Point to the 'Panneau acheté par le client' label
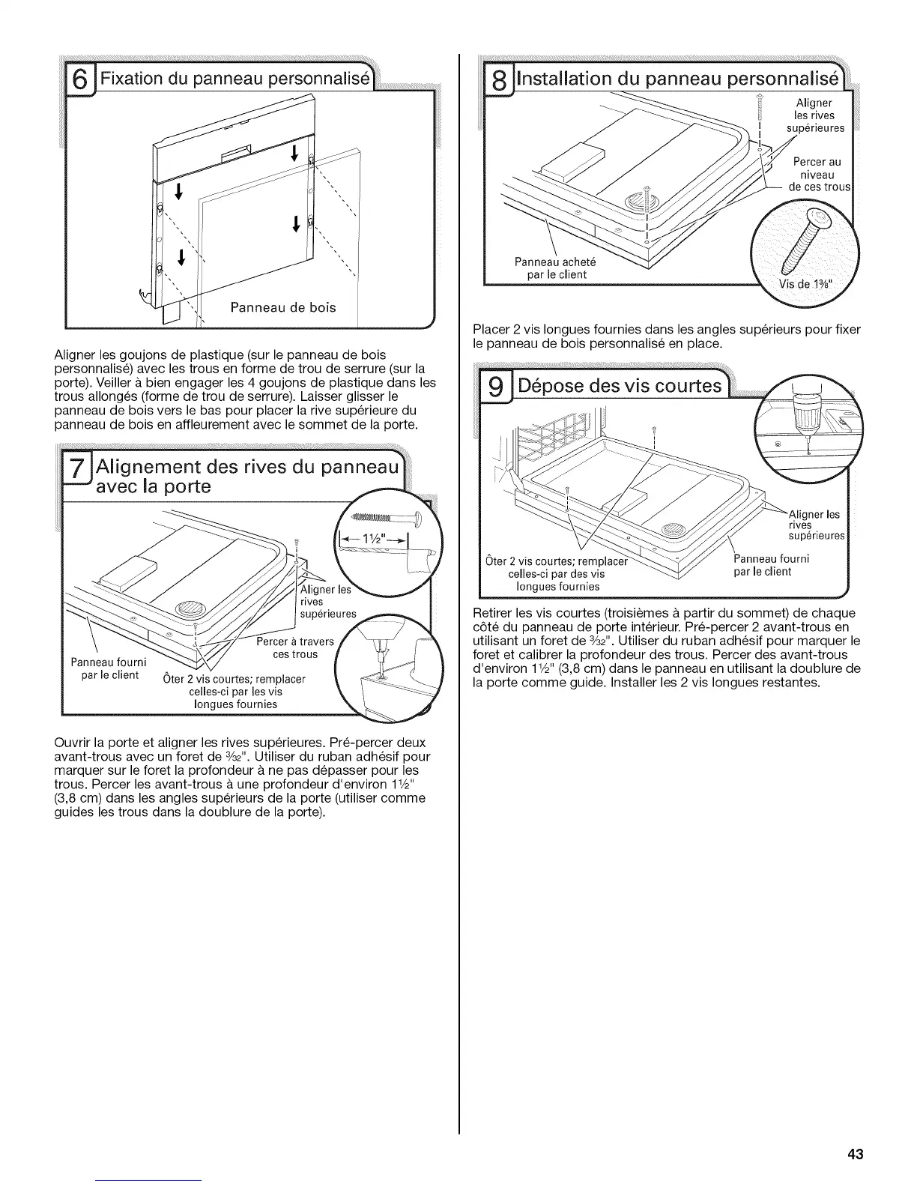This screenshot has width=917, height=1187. click(x=551, y=268)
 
